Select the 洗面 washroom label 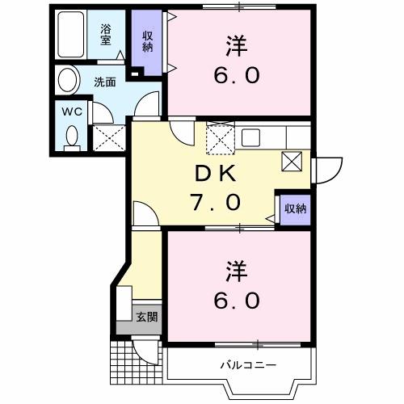click(103, 81)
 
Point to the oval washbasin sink click(69, 81)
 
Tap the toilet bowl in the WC click(71, 136)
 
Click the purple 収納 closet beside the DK click(294, 208)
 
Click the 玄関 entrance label click(146, 316)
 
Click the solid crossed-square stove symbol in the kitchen click(291, 162)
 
